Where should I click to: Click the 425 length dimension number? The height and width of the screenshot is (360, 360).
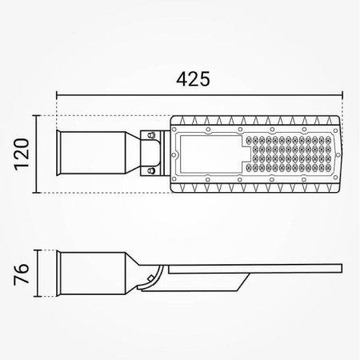pyautogui.click(x=194, y=79)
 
